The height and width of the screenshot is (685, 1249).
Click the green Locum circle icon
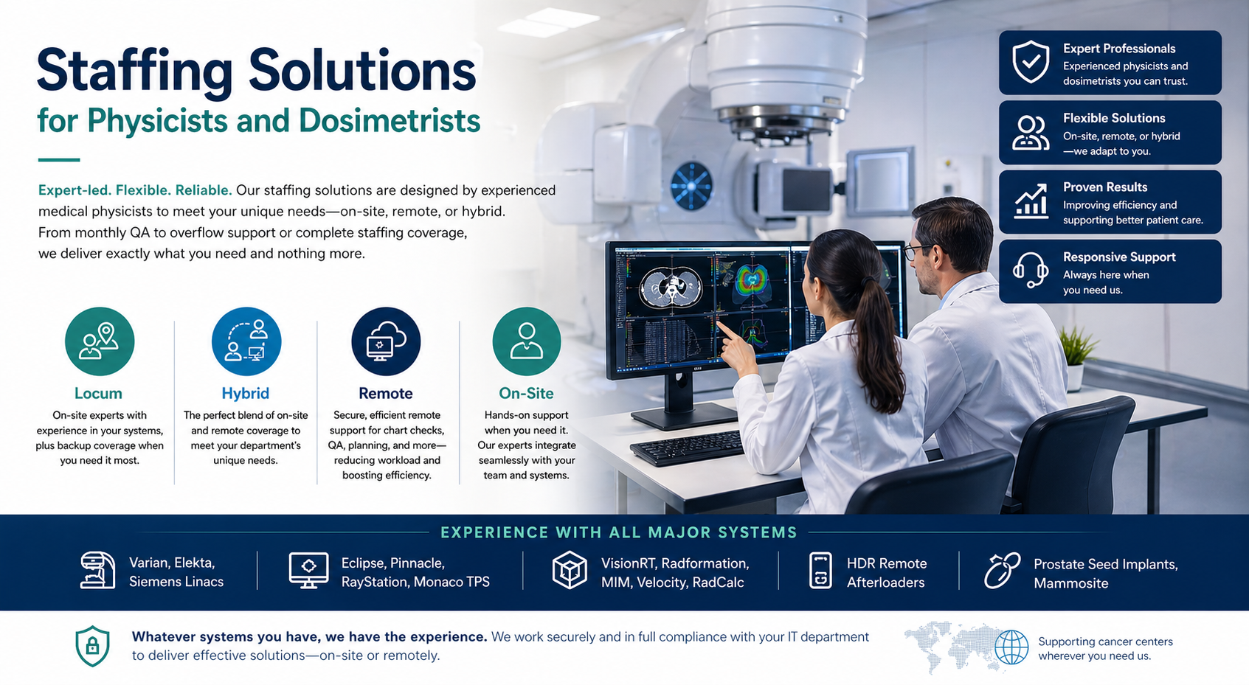[100, 341]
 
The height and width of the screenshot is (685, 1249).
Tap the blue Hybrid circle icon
[246, 341]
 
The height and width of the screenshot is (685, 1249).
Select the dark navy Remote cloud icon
[386, 341]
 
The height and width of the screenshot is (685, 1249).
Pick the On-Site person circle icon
[526, 341]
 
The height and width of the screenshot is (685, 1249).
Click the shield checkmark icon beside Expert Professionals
[1031, 61]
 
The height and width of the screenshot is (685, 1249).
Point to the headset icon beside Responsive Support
[1030, 271]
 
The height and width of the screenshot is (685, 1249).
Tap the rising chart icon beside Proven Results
[1031, 201]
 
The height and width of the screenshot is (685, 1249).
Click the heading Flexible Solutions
[1114, 118]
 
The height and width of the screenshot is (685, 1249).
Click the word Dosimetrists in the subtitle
[390, 120]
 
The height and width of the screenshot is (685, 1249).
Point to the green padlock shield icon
[92, 646]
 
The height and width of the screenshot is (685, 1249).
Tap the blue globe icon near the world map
[1011, 647]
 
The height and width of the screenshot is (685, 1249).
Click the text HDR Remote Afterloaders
[887, 573]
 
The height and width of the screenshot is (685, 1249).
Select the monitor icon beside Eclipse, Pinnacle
[309, 570]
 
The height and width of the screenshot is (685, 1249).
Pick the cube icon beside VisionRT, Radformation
[570, 570]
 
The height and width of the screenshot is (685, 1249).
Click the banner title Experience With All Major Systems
[619, 532]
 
